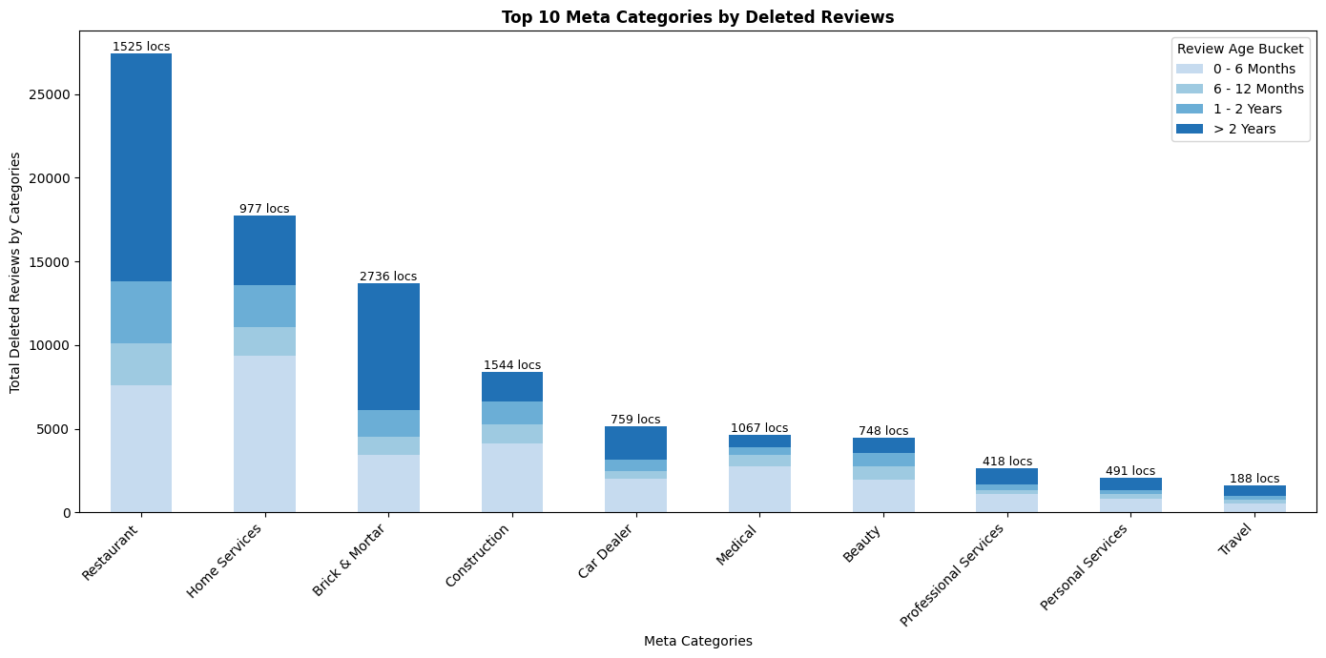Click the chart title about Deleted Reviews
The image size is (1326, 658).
pyautogui.click(x=697, y=17)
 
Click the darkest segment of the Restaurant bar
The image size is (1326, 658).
pyautogui.click(x=141, y=167)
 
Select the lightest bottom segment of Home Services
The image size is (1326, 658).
pyautogui.click(x=264, y=434)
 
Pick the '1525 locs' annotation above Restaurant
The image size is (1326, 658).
pyautogui.click(x=141, y=47)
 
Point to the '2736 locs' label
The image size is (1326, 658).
pyautogui.click(x=388, y=277)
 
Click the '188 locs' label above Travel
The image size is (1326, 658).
pyautogui.click(x=1254, y=479)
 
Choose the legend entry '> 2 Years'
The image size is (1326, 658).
pyautogui.click(x=1244, y=129)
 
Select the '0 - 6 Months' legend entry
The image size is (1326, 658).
pyautogui.click(x=1253, y=69)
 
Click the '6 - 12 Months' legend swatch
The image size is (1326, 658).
pyautogui.click(x=1190, y=89)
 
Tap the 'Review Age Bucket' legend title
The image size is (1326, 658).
pyautogui.click(x=1240, y=49)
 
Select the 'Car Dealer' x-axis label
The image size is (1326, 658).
pyautogui.click(x=607, y=551)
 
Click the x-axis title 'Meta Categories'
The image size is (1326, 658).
pyautogui.click(x=697, y=641)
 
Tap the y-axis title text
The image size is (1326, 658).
pyautogui.click(x=15, y=272)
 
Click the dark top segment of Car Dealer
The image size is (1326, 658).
pyautogui.click(x=635, y=442)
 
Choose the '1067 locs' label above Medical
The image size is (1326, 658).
pyautogui.click(x=759, y=428)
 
